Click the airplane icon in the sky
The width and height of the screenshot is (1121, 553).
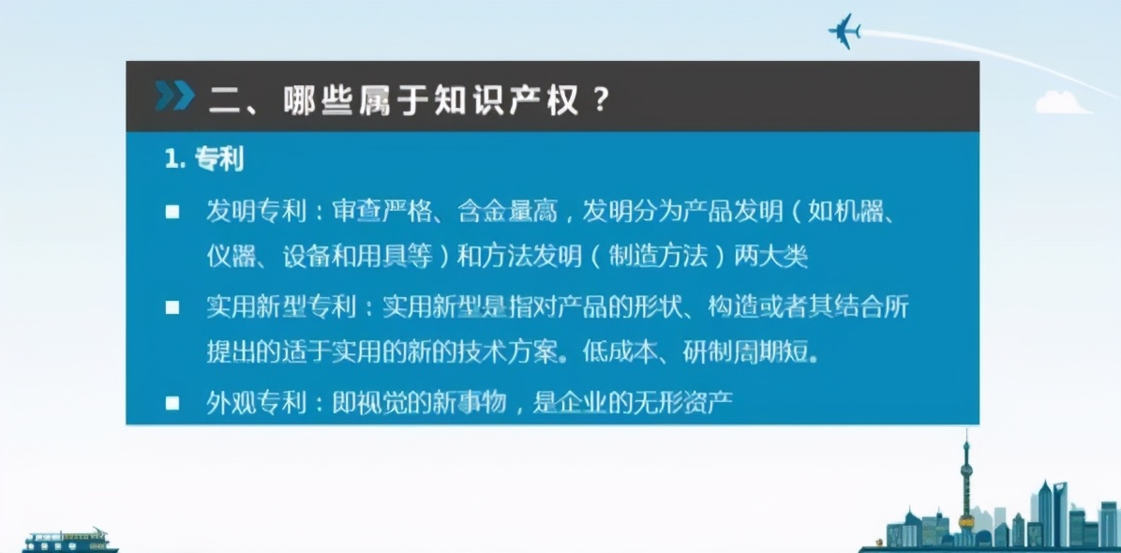pyautogui.click(x=844, y=30)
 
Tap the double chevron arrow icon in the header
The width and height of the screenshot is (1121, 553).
pyautogui.click(x=175, y=97)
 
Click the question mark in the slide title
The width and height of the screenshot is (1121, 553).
pyautogui.click(x=603, y=98)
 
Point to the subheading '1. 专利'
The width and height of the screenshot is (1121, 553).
pyautogui.click(x=203, y=159)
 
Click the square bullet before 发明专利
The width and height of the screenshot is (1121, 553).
pyautogui.click(x=172, y=212)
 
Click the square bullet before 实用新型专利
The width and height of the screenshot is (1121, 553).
pyautogui.click(x=172, y=307)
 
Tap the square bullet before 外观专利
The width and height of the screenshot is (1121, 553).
pyautogui.click(x=172, y=403)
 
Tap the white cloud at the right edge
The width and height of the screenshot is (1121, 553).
pyautogui.click(x=1063, y=103)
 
